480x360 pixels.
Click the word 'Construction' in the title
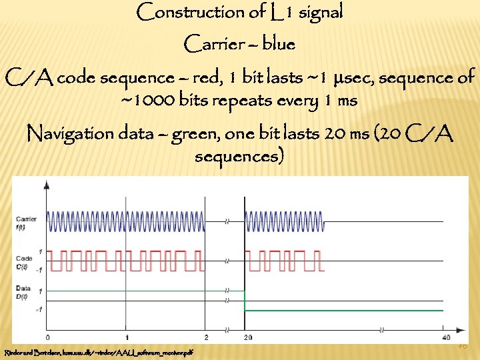[x=179, y=12]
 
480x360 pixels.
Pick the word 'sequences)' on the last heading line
[x=239, y=157]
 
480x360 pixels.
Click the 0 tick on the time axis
[x=47, y=337]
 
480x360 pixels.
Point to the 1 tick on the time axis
[x=127, y=337]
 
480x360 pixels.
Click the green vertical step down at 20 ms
[x=245, y=301]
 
